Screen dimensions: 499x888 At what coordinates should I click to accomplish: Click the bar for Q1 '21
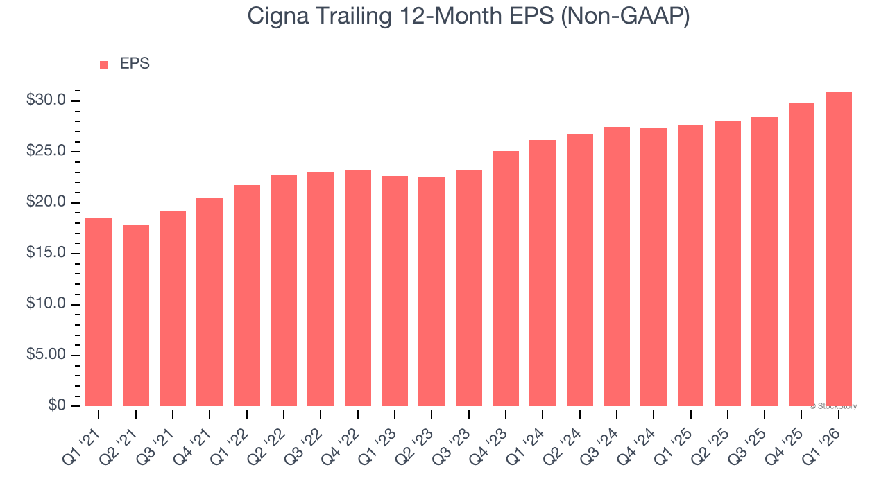[x=99, y=312]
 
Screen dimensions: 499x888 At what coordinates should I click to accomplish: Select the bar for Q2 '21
[x=136, y=315]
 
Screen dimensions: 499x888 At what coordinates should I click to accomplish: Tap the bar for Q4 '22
[x=358, y=288]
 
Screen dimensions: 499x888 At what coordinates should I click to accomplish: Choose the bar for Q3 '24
[x=617, y=266]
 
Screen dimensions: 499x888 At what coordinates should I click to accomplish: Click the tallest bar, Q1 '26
[x=839, y=249]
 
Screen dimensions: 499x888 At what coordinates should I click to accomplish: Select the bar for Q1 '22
[x=247, y=295]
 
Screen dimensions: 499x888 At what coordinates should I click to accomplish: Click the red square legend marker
[x=104, y=65]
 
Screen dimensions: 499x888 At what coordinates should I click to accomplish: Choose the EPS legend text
[x=135, y=64]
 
